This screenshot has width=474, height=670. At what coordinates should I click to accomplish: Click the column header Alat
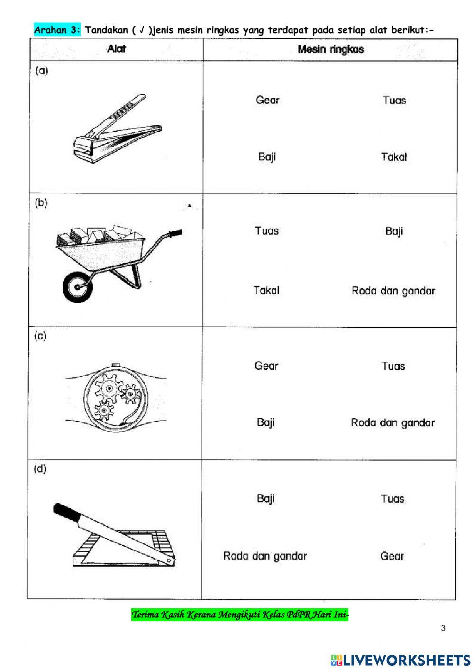[x=117, y=49]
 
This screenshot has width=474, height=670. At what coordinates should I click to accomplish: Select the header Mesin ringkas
[x=330, y=49]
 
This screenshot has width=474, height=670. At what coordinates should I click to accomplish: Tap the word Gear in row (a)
[x=267, y=100]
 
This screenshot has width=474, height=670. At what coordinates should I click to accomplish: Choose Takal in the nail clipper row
[x=394, y=157]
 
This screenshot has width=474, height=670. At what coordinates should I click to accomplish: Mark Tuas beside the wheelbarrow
[x=267, y=231]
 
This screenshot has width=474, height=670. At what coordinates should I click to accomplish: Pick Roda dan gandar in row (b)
[x=393, y=291]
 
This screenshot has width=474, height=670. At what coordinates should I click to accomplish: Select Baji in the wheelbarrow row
[x=394, y=231]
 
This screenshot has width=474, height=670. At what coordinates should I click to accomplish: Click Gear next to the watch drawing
[x=266, y=366]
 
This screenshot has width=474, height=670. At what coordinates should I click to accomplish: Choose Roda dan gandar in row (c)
[x=392, y=422]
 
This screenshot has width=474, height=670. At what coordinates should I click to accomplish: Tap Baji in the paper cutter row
[x=265, y=498]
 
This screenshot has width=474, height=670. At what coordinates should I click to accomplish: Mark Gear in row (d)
[x=392, y=556]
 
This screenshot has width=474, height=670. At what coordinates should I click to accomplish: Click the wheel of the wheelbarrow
[x=76, y=286]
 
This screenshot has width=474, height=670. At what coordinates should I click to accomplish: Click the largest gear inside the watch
[x=109, y=388]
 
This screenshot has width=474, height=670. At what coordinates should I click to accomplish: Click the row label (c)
[x=40, y=336]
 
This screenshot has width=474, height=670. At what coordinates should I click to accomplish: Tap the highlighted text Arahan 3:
[x=57, y=30]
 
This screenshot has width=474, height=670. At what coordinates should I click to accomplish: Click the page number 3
[x=443, y=629]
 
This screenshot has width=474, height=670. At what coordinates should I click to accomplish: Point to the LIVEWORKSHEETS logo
[x=401, y=660]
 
